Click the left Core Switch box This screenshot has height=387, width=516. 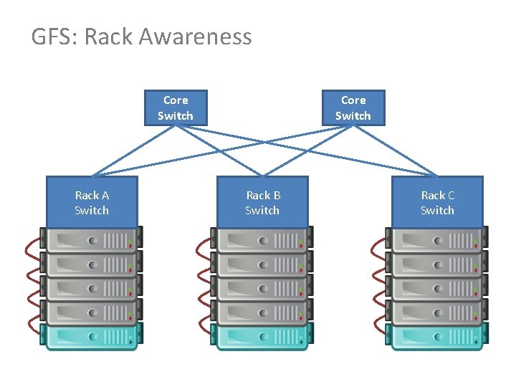pyautogui.click(x=176, y=107)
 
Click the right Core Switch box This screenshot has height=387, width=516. pyautogui.click(x=353, y=107)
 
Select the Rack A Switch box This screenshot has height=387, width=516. pyautogui.click(x=92, y=202)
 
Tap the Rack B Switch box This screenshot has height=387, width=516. pyautogui.click(x=262, y=202)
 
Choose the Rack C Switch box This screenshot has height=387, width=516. pyautogui.click(x=437, y=202)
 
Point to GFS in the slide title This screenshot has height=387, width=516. pyautogui.click(x=52, y=37)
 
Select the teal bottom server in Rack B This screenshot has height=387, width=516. pyautogui.click(x=262, y=336)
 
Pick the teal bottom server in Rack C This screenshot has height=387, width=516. pyautogui.click(x=437, y=336)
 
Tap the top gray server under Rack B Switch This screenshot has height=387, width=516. pyautogui.click(x=262, y=239)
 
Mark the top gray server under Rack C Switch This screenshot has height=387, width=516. pyautogui.click(x=437, y=239)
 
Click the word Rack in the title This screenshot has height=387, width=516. pyautogui.click(x=110, y=37)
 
